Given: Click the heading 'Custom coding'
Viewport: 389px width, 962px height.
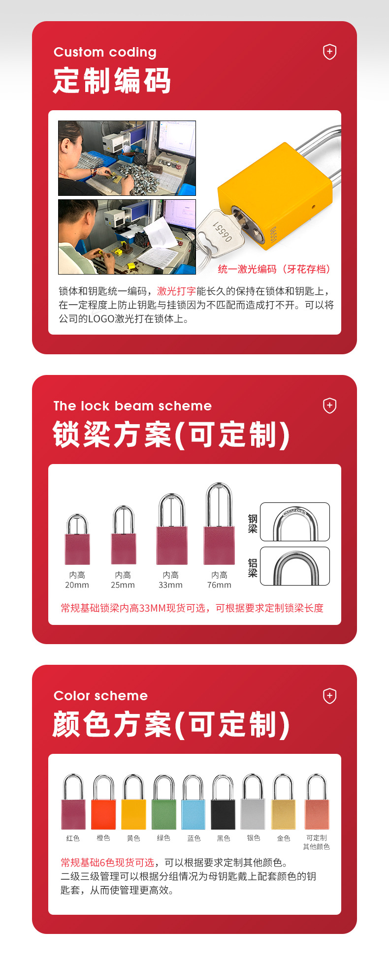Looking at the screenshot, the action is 105,52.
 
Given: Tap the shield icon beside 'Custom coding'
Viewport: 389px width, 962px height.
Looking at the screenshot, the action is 329,52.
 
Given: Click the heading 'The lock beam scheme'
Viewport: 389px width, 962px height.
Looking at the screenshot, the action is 132,406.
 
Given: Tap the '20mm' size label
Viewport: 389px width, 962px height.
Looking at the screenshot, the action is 77,585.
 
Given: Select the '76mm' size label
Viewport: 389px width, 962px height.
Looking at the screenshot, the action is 219,585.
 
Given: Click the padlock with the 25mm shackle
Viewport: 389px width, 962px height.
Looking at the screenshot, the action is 124,534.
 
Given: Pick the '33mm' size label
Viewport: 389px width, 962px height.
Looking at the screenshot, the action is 170,585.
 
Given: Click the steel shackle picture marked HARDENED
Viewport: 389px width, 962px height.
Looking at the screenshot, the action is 295,522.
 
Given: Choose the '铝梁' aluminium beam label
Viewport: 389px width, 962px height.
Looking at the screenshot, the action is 253,568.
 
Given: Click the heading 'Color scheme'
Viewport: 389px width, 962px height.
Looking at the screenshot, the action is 100,696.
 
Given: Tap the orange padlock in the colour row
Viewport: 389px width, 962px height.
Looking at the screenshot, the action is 103,803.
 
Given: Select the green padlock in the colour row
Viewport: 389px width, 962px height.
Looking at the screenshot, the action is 164,803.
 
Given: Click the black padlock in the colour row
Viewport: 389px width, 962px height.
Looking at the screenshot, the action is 224,803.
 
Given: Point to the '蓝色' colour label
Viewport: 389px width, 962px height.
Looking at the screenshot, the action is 194,838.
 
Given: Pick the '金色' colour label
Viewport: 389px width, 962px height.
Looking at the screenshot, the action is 284,838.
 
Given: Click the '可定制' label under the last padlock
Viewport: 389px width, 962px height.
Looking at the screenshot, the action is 317,838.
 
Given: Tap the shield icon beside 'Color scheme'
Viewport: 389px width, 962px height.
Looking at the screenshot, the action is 329,696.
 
